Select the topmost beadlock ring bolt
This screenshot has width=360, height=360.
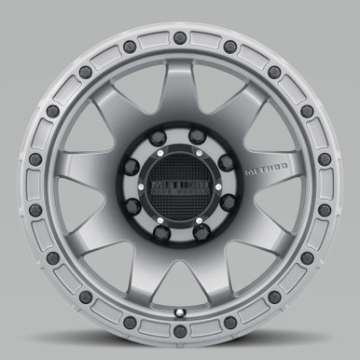[180, 37]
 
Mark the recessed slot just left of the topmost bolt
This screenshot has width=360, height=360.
[156, 39]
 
